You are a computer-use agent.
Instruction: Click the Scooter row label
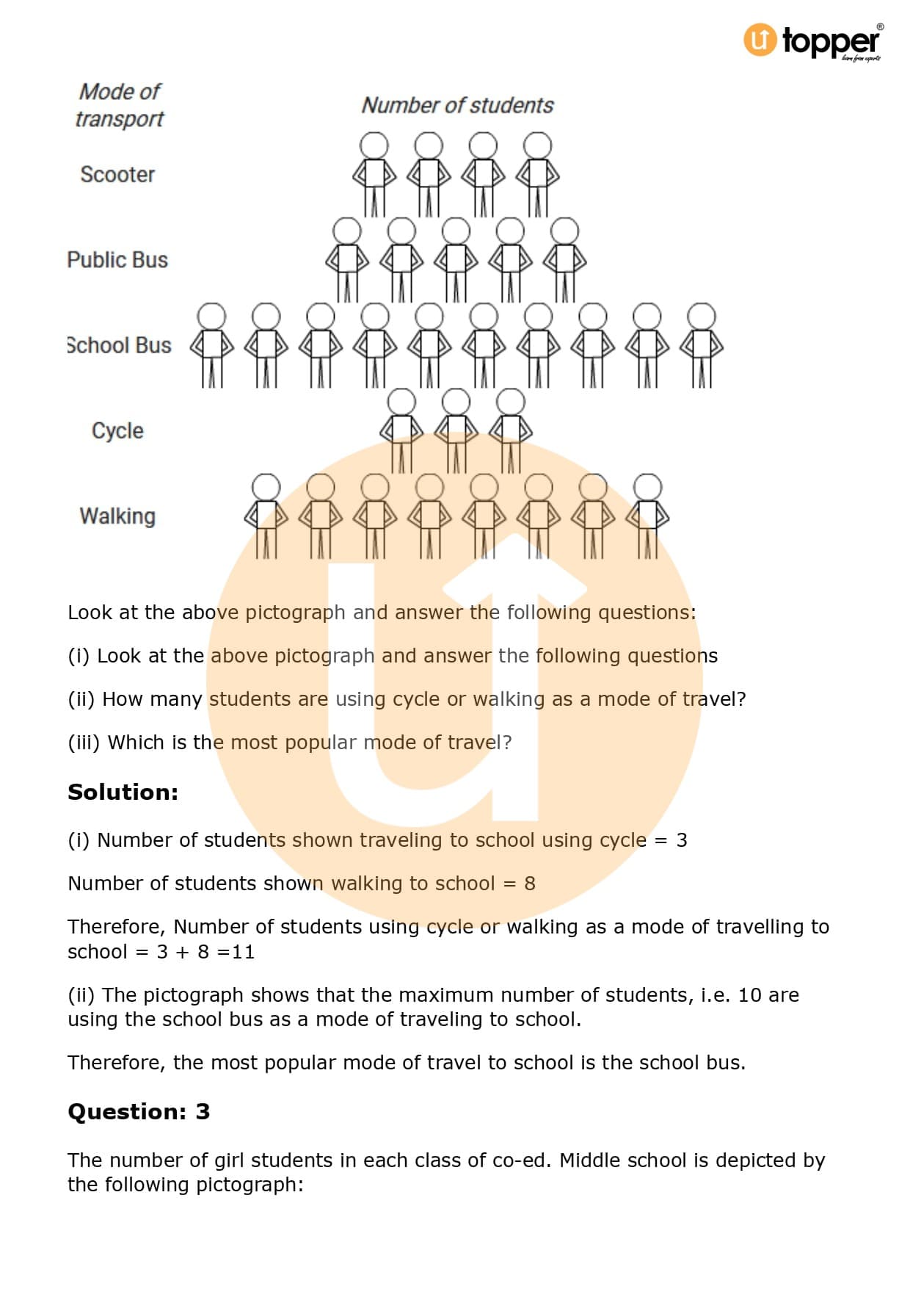click(x=117, y=175)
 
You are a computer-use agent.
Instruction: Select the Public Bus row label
click(x=117, y=260)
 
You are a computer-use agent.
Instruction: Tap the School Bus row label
click(x=119, y=345)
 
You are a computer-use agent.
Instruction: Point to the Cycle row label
click(x=117, y=430)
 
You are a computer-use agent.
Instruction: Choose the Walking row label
click(x=117, y=516)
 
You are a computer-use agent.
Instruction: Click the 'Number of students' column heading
click(x=457, y=106)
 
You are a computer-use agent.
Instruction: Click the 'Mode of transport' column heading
click(x=120, y=105)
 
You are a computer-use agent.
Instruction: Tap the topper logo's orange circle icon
click(x=760, y=40)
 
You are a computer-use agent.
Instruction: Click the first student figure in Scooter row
click(x=374, y=174)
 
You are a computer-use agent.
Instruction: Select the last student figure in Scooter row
click(x=537, y=174)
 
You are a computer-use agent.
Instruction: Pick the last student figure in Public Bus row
click(x=564, y=259)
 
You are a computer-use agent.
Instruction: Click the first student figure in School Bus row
click(x=212, y=345)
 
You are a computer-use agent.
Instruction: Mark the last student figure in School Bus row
click(x=701, y=345)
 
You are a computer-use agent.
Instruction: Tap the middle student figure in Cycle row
click(x=456, y=430)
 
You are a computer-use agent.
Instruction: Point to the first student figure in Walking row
click(x=266, y=516)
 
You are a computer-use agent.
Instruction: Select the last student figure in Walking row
click(x=647, y=516)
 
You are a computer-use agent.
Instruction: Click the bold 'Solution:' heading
click(x=123, y=792)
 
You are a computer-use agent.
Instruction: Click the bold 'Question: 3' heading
click(x=139, y=1112)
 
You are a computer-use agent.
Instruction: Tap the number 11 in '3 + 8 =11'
click(x=243, y=953)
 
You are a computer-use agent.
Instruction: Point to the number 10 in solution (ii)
click(x=749, y=995)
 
